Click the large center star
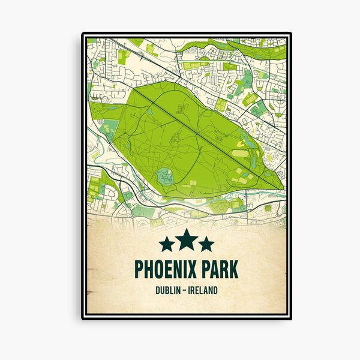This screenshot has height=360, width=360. pos(187,239)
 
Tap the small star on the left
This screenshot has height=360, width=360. pos(167,244)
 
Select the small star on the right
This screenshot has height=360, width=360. pos(206,244)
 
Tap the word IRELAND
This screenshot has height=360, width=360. pos(202,291)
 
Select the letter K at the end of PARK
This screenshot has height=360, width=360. pos(233,269)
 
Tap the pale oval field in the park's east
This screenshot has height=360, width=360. pos(239,154)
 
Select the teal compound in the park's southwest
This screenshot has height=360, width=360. pos(165,176)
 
